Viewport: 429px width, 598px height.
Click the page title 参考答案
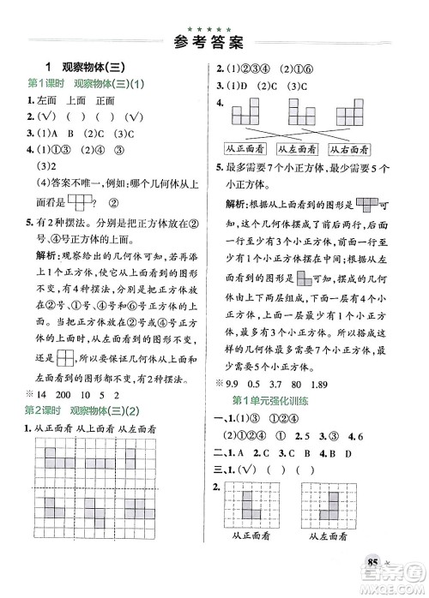click(x=214, y=39)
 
